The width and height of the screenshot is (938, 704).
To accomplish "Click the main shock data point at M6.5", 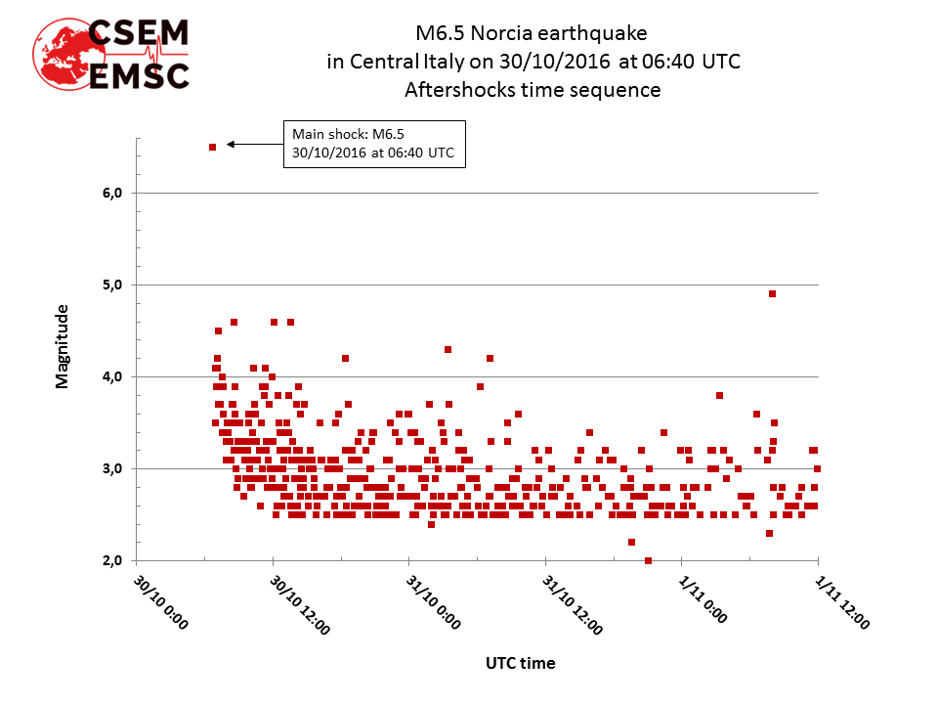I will (212, 147).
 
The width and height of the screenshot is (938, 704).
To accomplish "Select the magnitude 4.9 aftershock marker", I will (772, 293).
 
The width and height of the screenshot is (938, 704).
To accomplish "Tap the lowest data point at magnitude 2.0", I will (648, 560).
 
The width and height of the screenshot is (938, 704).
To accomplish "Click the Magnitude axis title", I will (63, 346).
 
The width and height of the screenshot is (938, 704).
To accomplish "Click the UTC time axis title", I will (520, 663).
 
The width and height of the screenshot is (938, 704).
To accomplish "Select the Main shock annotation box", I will (374, 144).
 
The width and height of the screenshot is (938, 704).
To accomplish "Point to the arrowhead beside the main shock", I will (231, 144).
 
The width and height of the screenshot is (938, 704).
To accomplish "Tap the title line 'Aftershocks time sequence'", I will (533, 90).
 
